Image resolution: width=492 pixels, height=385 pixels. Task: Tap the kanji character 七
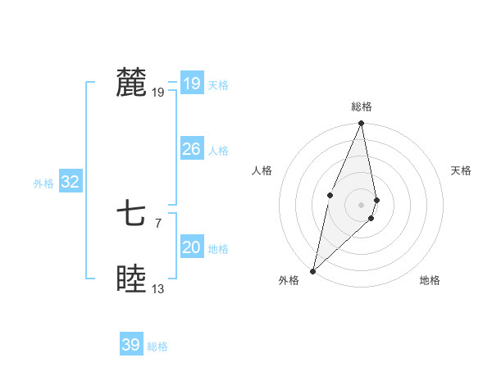tap(131, 215)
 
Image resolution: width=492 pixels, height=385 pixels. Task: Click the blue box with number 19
tap(191, 83)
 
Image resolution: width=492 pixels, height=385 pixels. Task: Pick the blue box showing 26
tap(191, 149)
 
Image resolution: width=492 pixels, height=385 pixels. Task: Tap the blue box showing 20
tap(191, 247)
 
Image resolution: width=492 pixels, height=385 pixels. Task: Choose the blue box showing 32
tap(70, 182)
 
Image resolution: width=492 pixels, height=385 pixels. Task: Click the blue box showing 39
tap(131, 345)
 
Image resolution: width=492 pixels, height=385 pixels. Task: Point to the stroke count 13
tap(158, 289)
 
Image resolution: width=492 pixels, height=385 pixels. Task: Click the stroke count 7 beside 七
tap(157, 223)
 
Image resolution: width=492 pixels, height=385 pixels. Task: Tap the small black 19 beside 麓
tap(158, 93)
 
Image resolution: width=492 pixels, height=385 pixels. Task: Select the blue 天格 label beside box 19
tap(218, 84)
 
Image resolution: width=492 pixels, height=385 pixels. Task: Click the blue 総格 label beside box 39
tap(157, 346)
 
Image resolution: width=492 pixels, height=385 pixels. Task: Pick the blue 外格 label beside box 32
tap(43, 183)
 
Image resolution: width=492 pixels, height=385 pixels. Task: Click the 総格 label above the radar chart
tap(362, 106)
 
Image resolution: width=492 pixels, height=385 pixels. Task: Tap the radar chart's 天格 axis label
tap(462, 170)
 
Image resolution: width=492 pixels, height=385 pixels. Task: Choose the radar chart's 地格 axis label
tap(430, 280)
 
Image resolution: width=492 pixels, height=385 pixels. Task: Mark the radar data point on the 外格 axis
tap(312, 271)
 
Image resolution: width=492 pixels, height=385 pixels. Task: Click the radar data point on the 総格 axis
tap(362, 124)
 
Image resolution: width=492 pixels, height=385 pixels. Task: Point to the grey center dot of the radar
tap(362, 204)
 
